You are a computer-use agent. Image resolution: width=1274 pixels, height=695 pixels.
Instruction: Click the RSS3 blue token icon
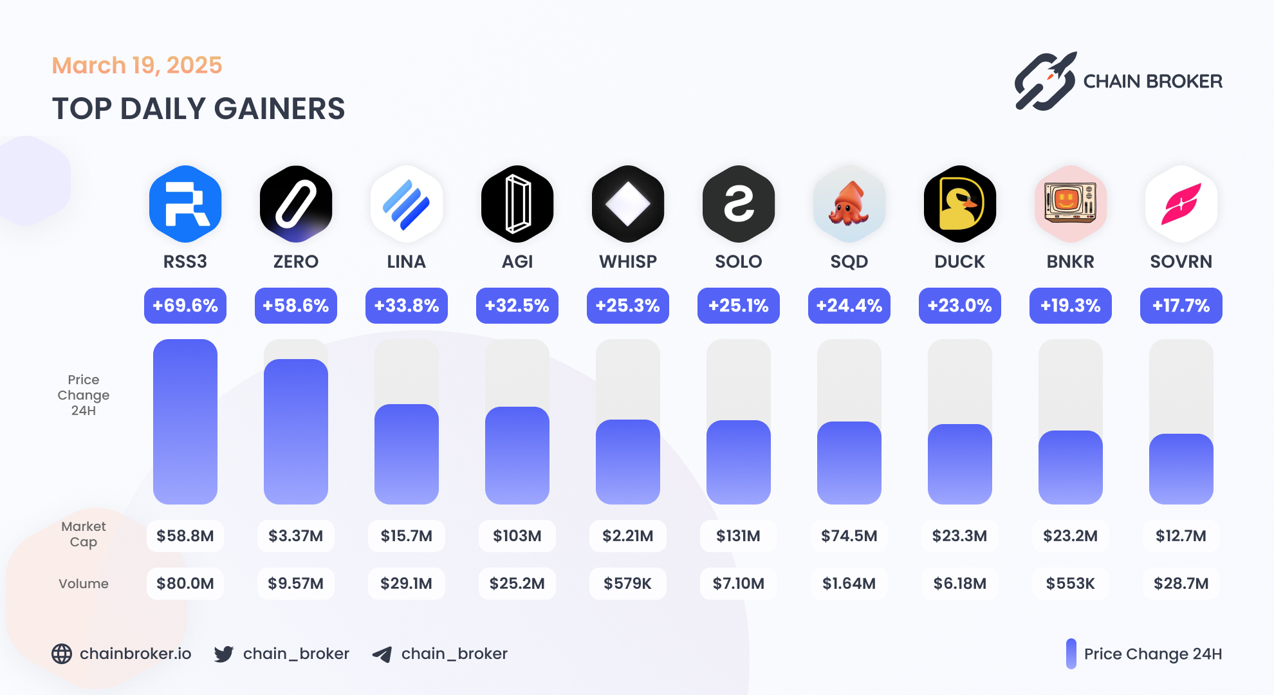click(x=185, y=204)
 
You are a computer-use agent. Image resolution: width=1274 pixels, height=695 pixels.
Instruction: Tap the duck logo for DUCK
click(x=959, y=204)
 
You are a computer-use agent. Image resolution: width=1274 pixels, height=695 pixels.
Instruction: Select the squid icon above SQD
click(x=849, y=204)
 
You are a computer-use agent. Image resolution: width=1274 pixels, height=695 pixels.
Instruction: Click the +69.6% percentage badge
click(x=185, y=306)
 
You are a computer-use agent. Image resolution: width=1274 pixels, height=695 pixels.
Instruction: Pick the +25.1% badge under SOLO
click(x=738, y=306)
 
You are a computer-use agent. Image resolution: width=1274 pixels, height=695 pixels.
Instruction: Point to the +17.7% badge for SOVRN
click(x=1181, y=306)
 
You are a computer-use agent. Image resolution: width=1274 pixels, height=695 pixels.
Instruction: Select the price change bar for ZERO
click(x=296, y=431)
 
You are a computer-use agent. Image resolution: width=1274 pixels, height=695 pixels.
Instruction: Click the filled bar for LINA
click(x=407, y=454)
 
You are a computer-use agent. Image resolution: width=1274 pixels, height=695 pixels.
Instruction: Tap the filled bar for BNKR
click(x=1070, y=467)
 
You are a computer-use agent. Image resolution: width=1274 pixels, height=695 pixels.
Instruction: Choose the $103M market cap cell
click(x=517, y=536)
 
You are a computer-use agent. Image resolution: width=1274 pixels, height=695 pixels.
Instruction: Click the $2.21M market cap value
click(x=628, y=536)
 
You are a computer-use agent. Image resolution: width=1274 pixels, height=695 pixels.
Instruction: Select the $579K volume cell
click(x=628, y=584)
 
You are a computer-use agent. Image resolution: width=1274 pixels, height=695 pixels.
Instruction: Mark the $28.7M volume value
click(x=1181, y=584)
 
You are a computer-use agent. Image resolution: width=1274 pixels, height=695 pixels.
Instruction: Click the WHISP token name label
click(x=628, y=262)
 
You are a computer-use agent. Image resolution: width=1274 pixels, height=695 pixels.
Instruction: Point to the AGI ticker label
click(x=517, y=262)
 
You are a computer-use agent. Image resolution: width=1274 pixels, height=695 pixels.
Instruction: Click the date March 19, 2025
click(x=137, y=66)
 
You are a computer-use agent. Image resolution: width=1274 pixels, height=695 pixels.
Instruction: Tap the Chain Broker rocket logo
click(x=1045, y=82)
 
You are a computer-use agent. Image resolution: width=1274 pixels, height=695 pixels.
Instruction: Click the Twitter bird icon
click(x=224, y=654)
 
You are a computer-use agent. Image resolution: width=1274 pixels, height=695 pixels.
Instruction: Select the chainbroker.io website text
click(x=135, y=654)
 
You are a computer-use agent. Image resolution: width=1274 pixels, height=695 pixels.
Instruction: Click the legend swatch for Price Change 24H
click(x=1071, y=654)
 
